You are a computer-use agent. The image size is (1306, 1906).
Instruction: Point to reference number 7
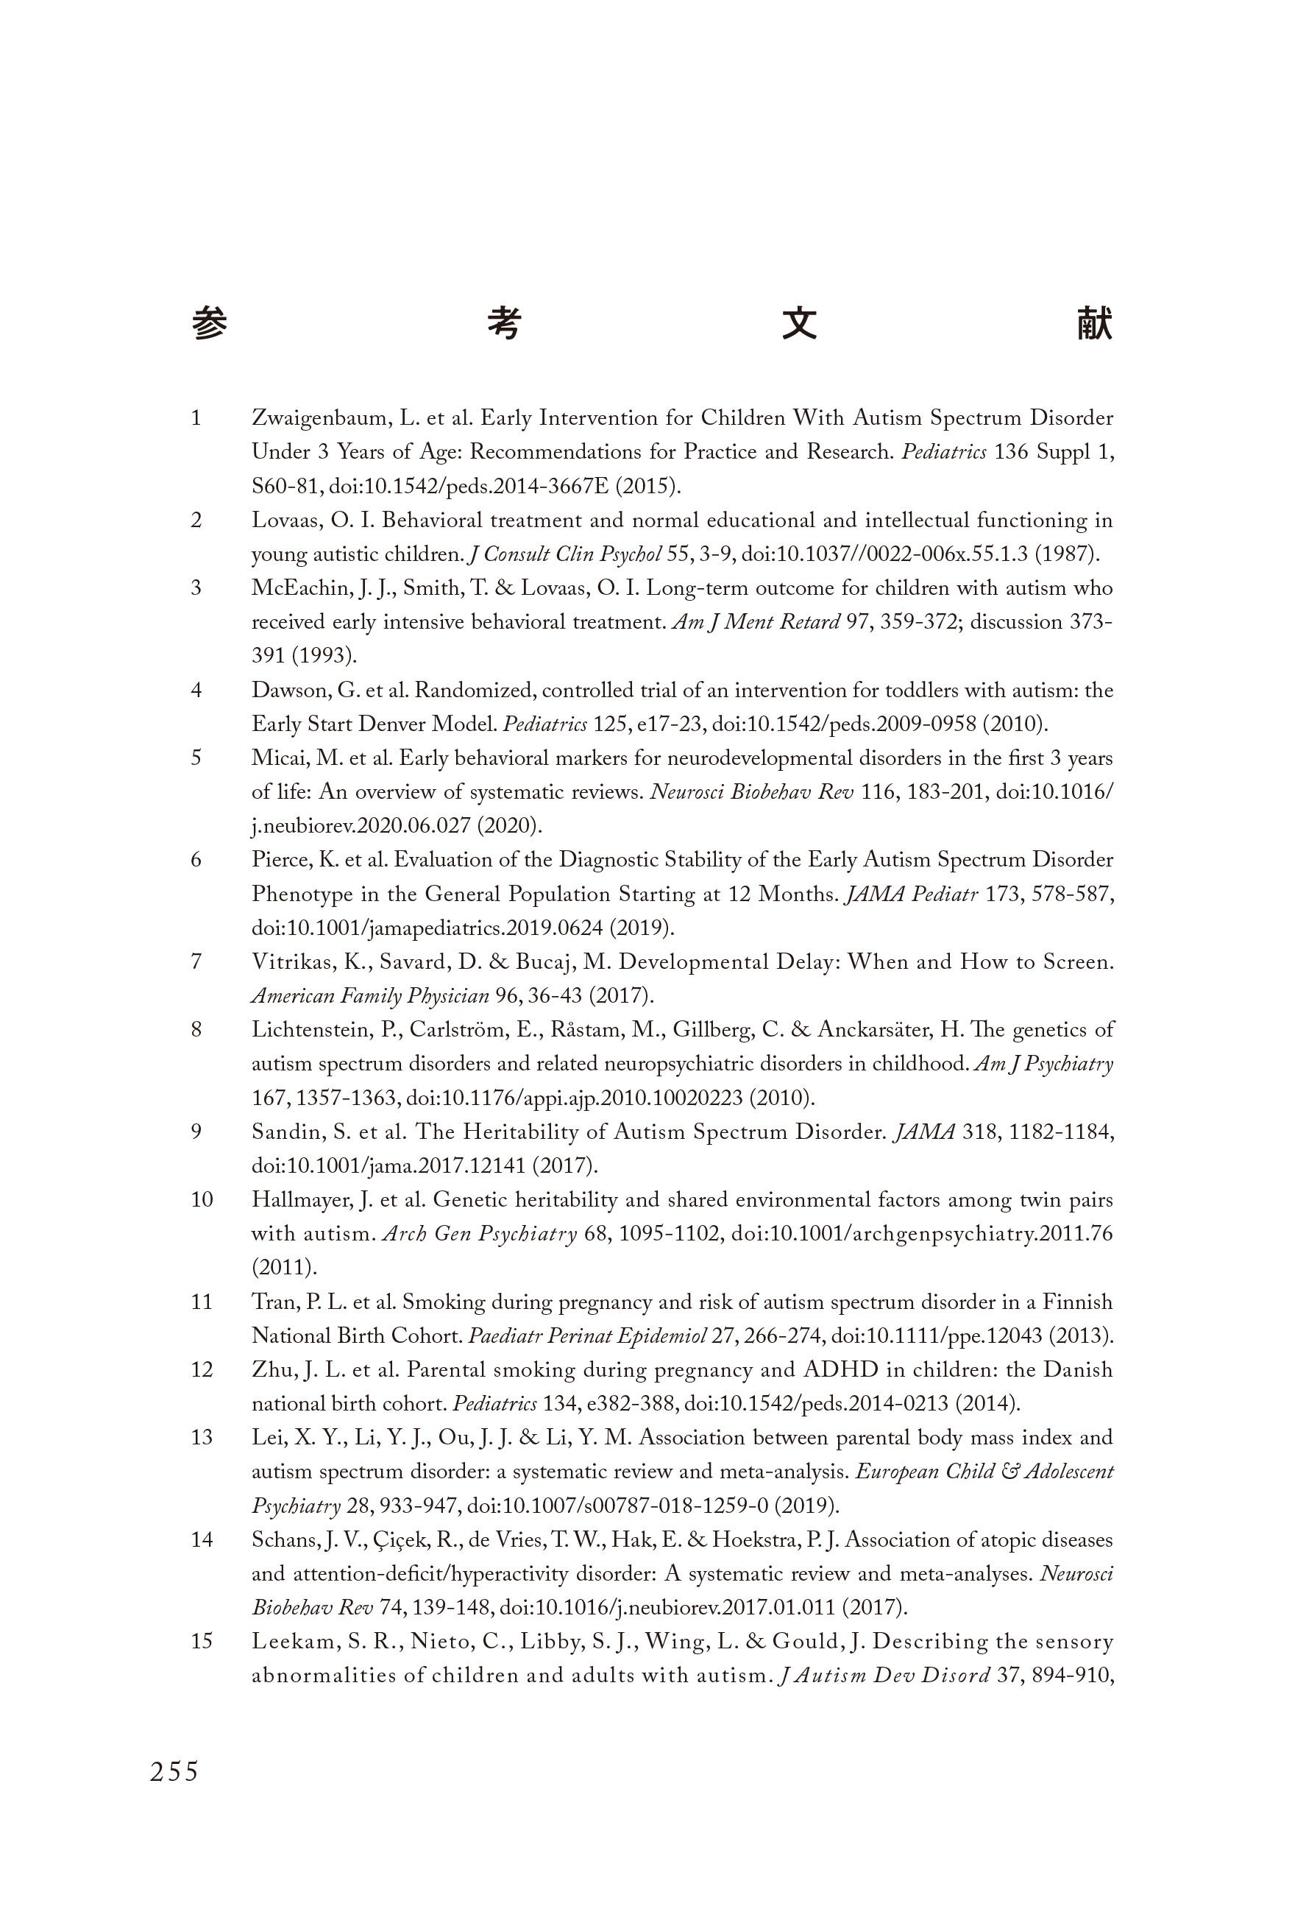point(196,962)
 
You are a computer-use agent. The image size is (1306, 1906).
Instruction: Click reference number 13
point(202,1438)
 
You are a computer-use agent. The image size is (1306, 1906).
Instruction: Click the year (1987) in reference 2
point(1066,554)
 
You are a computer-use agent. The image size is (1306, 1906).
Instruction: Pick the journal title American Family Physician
point(371,997)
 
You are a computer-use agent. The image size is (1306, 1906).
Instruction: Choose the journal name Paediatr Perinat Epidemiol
point(587,1336)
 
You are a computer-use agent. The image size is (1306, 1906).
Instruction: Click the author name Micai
point(277,758)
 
